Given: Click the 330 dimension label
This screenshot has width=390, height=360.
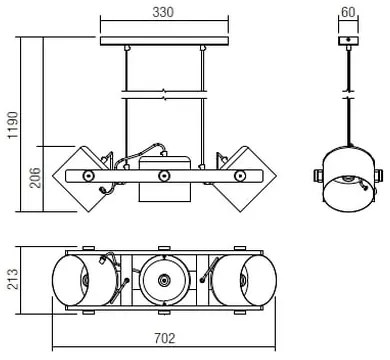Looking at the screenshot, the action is (163, 12).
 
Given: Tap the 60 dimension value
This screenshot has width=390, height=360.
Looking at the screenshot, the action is (348, 12).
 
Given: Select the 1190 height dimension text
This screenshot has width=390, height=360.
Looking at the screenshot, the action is (13, 125).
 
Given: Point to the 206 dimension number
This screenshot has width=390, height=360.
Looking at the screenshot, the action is (35, 178).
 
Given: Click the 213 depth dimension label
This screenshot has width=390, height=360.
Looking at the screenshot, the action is (13, 279).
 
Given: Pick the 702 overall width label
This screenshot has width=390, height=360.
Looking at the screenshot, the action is (164, 339).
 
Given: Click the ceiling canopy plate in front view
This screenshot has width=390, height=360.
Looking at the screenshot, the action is (164, 41).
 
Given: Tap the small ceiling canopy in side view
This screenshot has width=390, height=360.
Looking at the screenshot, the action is (348, 41).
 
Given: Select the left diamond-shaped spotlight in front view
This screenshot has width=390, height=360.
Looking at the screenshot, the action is (81, 179).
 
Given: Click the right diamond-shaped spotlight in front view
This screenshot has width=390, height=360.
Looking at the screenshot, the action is (246, 179).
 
